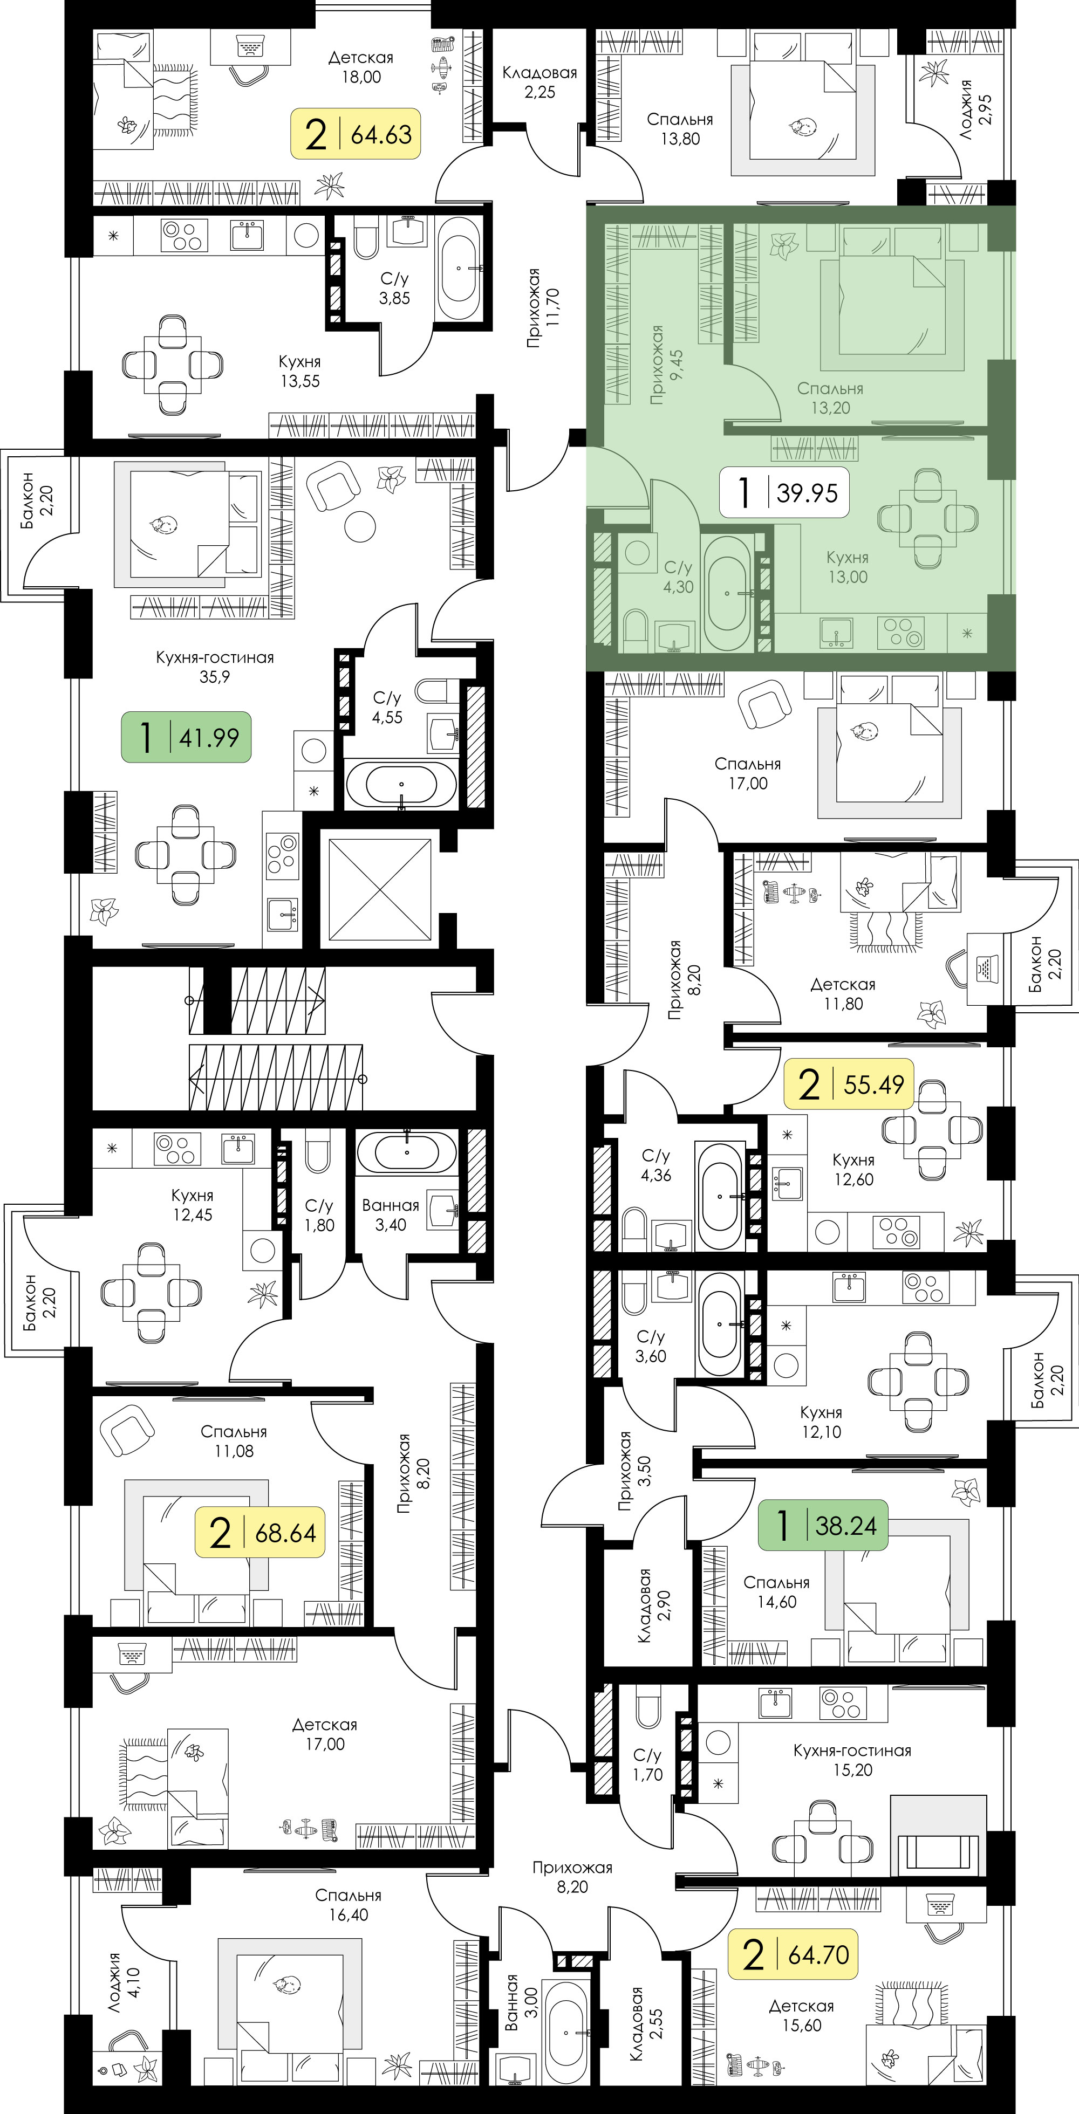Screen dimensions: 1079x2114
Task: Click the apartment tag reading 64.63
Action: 356,133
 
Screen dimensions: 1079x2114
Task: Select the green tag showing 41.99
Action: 187,737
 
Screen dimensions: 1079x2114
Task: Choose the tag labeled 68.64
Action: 260,1532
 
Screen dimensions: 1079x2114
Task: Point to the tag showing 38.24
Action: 823,1525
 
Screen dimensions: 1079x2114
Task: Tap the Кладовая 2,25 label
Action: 539,82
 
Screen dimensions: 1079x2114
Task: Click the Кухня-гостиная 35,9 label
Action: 214,667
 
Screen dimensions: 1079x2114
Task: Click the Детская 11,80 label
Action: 843,994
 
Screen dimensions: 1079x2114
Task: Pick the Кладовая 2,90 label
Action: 654,1605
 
